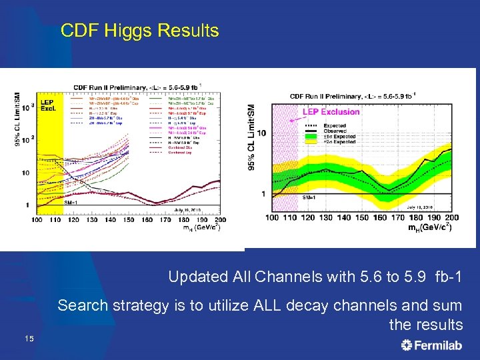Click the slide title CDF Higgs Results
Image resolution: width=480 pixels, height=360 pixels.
tap(139, 31)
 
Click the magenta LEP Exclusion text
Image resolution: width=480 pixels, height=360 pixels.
tap(331, 112)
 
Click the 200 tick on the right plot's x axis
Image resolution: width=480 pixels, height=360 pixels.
tap(451, 217)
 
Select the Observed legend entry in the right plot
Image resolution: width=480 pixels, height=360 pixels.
tap(353, 130)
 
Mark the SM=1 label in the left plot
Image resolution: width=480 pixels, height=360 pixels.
tap(73, 201)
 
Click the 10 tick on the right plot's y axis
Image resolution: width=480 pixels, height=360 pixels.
tap(262, 133)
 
